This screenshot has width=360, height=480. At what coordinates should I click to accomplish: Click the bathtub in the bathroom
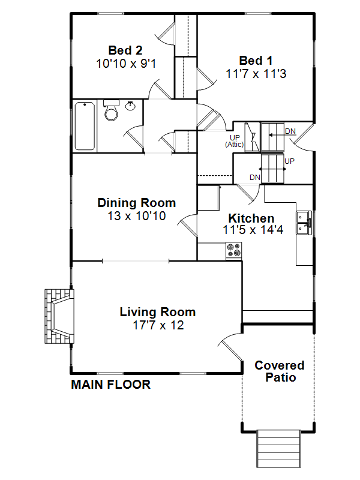coord(85,126)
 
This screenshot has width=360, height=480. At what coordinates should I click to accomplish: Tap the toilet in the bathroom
coord(111,110)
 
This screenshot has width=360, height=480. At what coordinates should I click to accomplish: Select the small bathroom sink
coord(130,106)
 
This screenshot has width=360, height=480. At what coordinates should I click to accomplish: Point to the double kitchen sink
coord(304,223)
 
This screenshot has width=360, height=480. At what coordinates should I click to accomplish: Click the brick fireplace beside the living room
coord(59,316)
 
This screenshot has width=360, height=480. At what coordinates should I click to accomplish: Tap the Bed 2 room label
coord(125,50)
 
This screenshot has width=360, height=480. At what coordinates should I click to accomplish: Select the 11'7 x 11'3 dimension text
coord(256,74)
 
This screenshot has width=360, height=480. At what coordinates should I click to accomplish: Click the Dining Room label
coord(137,203)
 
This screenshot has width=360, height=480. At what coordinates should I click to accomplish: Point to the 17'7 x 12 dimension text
coord(158,325)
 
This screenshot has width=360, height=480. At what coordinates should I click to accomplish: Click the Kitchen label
coord(251,218)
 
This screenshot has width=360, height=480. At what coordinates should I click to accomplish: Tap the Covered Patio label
coord(280,371)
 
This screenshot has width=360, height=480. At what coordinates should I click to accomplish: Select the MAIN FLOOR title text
coord(111,385)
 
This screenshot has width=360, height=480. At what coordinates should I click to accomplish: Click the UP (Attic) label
coord(235,141)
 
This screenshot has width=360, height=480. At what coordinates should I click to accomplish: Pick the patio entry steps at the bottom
coord(278,448)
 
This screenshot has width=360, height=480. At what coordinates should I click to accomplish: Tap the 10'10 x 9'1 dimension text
coord(126,64)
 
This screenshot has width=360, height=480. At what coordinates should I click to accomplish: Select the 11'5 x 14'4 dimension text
coord(253,230)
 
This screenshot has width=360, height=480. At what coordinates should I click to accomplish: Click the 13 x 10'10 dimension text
coord(137,216)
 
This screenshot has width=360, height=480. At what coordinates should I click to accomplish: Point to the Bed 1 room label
coord(256,61)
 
